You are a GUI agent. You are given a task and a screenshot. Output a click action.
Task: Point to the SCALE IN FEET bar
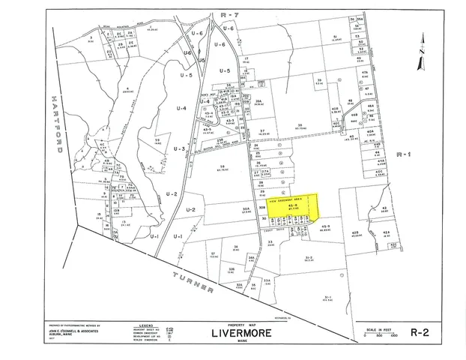(x=379, y=334)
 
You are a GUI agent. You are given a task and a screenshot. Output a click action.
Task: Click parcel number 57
(x=213, y=253)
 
